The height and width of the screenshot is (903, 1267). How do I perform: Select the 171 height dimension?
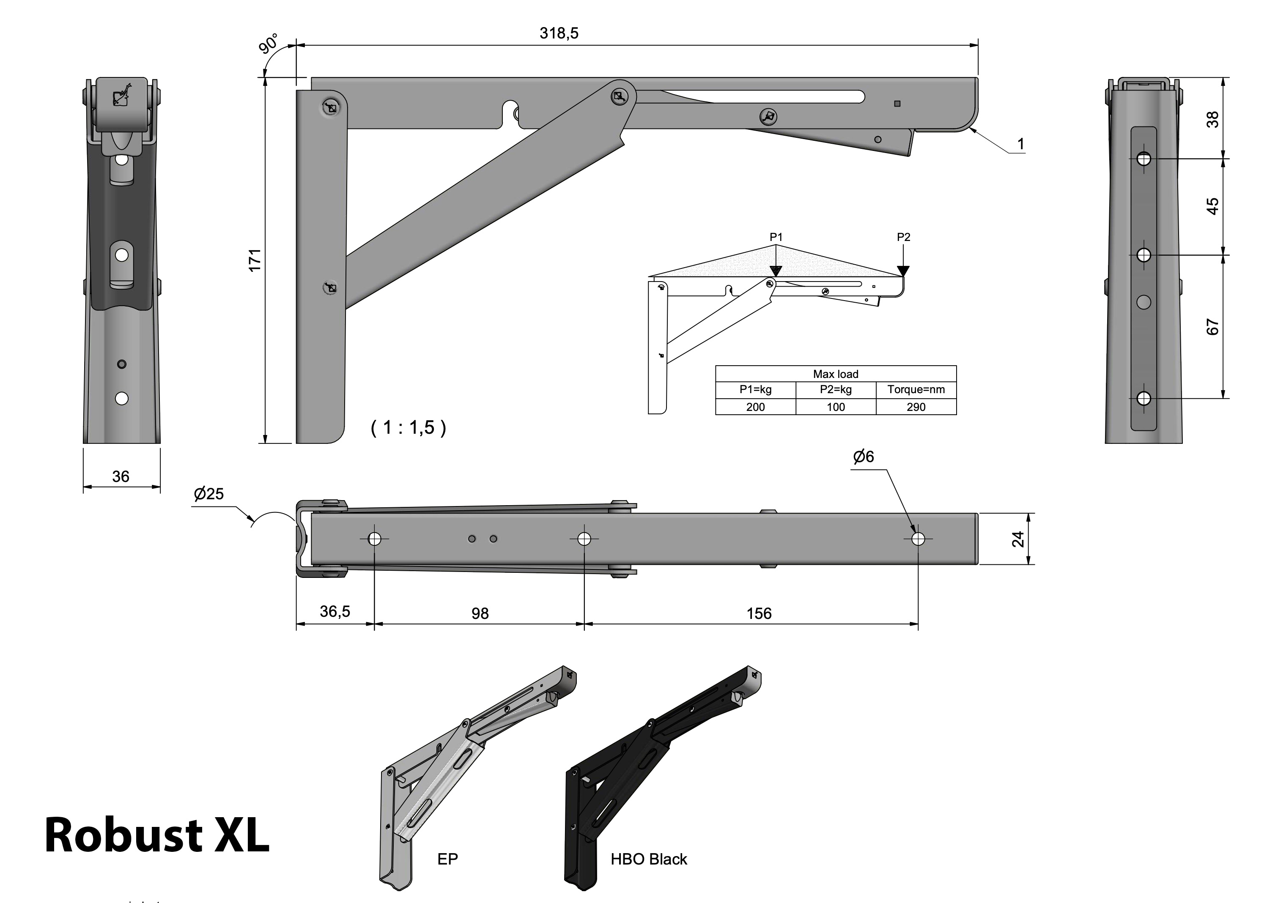pos(255,260)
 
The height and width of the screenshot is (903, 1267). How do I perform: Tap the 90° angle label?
pos(269,44)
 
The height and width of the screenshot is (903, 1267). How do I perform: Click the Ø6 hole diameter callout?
pos(863,457)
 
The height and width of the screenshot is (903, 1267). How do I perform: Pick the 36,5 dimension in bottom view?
pos(335,612)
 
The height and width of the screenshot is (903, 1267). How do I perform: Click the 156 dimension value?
pos(759,613)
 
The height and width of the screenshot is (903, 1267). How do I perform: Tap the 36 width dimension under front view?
pos(121,476)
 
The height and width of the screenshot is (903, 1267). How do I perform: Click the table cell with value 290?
pos(916,407)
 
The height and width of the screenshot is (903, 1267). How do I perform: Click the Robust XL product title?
pos(157,835)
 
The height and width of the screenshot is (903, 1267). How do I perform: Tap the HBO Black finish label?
pos(649,859)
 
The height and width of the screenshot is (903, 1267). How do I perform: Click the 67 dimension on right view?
pos(1212,327)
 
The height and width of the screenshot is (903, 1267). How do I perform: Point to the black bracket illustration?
pos(656,778)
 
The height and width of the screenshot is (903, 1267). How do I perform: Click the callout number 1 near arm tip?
pos(1020,145)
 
